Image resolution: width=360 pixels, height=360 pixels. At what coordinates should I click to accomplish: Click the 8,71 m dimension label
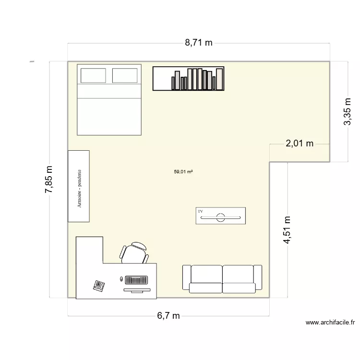click(x=199, y=43)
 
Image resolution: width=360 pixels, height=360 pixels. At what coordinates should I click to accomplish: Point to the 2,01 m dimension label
click(x=300, y=143)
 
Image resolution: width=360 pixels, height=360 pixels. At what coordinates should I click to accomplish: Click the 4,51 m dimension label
click(x=288, y=230)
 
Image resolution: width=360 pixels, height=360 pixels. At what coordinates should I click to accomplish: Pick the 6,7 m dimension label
click(x=168, y=315)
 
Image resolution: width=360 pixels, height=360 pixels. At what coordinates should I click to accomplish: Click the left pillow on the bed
click(x=93, y=76)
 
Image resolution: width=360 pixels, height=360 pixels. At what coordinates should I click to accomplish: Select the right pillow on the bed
click(x=125, y=76)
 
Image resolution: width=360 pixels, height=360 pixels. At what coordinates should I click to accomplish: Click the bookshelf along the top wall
click(x=188, y=79)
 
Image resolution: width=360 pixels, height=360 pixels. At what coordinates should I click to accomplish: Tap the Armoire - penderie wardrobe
click(x=79, y=186)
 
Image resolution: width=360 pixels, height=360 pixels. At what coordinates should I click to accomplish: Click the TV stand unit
click(x=221, y=216)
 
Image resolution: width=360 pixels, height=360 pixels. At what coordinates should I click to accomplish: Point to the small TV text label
click(x=201, y=211)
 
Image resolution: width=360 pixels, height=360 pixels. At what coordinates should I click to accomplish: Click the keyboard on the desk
click(x=136, y=279)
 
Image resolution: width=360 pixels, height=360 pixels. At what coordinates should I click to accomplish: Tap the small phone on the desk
click(x=99, y=285)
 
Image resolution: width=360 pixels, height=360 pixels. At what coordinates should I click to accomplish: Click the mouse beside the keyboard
click(x=120, y=278)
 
